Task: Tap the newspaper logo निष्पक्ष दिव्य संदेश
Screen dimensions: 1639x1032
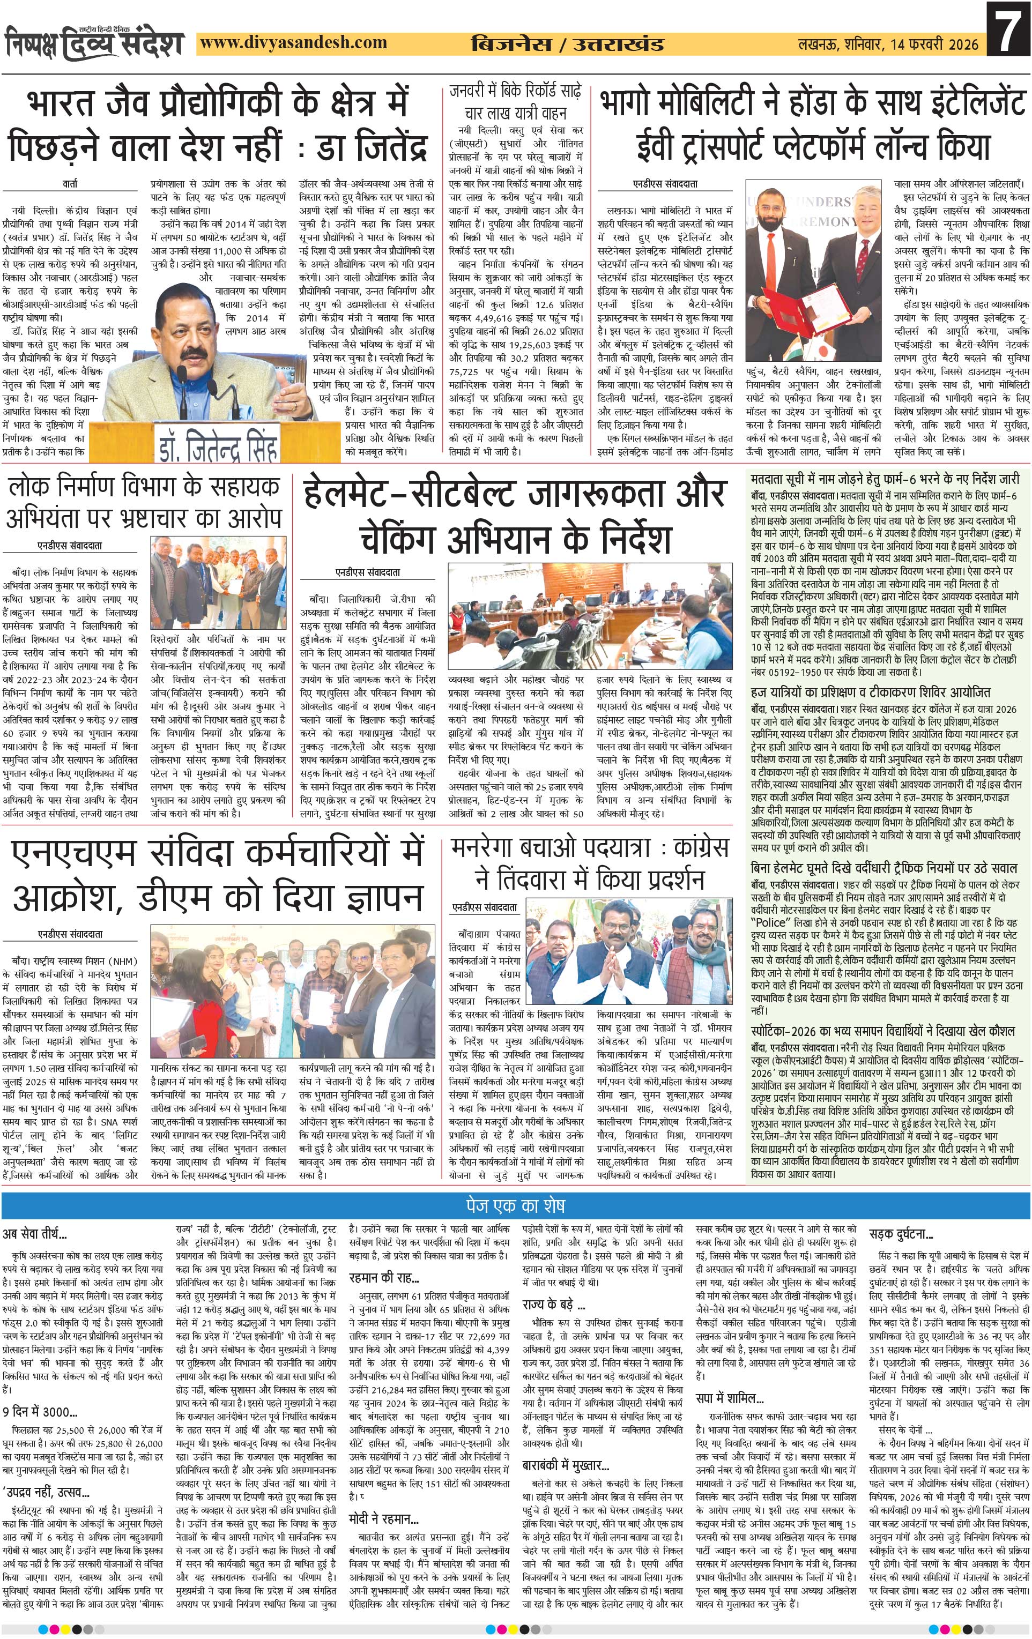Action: [95, 42]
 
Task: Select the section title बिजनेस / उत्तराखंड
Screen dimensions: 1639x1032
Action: [568, 45]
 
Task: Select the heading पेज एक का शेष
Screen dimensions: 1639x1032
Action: [515, 1205]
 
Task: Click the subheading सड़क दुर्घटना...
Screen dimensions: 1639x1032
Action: [901, 1234]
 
